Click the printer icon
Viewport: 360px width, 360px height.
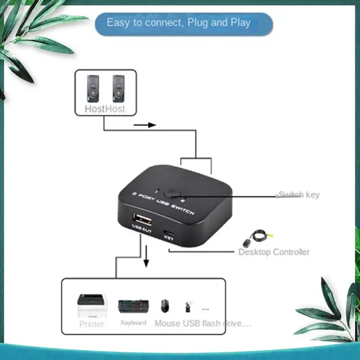tap(92, 306)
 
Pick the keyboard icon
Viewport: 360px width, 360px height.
tap(133, 306)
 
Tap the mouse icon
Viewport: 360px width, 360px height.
tap(165, 306)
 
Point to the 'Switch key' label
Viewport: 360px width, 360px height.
tap(298, 195)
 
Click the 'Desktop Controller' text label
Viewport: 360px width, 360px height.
tap(274, 252)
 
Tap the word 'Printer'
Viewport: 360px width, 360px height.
tap(92, 324)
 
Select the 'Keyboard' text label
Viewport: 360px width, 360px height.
tap(133, 323)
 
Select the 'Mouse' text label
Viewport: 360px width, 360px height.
tap(167, 323)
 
